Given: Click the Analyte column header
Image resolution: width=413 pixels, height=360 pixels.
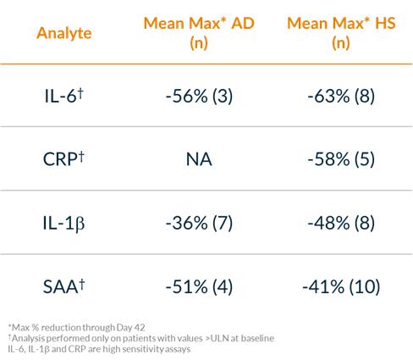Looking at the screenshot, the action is (x=64, y=33).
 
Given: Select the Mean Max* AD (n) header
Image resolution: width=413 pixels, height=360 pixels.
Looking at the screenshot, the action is (x=199, y=33).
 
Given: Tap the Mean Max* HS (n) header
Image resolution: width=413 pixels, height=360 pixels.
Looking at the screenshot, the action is (x=341, y=33).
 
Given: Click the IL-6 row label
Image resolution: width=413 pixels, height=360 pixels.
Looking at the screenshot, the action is (x=64, y=96).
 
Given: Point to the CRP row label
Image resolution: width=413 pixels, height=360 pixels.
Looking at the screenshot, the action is (x=63, y=158).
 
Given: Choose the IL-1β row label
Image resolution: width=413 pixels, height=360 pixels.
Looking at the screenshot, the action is (x=63, y=223).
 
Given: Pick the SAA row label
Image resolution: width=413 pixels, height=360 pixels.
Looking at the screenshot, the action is (x=63, y=286).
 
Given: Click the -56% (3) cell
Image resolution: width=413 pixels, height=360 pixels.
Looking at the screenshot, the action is (x=199, y=96).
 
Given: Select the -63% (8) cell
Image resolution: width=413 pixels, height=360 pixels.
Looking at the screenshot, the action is (x=341, y=96).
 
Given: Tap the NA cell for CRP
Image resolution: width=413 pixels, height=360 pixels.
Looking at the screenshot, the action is (x=199, y=159).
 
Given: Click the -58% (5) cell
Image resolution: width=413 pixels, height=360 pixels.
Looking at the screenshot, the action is (x=341, y=159).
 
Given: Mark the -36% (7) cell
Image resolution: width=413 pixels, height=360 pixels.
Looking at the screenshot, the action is (x=199, y=223).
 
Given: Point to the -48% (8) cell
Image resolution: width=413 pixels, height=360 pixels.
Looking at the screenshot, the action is (x=341, y=223).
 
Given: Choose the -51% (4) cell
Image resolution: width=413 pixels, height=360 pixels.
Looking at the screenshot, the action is (x=199, y=287).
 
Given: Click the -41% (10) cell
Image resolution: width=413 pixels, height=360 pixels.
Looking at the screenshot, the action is (x=341, y=287).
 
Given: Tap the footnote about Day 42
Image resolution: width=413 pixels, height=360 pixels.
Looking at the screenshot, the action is (x=76, y=328).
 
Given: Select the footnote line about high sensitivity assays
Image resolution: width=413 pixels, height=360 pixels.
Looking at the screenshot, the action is (x=99, y=349).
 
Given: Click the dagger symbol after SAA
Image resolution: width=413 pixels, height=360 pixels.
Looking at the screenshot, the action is (x=81, y=285).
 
